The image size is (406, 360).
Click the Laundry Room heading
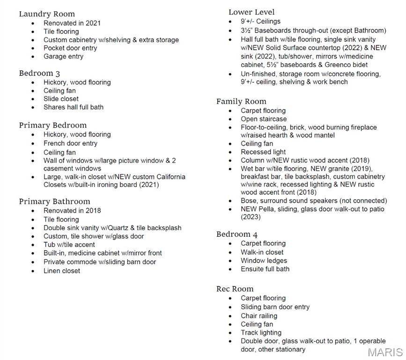[x=47, y=14]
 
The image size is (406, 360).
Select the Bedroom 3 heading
[x=39, y=73]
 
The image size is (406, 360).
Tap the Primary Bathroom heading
[x=54, y=202]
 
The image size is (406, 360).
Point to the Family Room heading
[x=241, y=101]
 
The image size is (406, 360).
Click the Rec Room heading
[x=235, y=289]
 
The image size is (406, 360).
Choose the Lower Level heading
[x=251, y=12]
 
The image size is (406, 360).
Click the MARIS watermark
[x=385, y=352]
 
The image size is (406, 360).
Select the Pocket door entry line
[x=70, y=48]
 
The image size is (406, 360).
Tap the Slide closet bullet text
[x=61, y=99]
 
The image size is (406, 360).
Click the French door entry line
[x=70, y=143]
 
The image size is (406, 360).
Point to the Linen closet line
[x=62, y=271]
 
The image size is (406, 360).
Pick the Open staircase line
[x=264, y=119]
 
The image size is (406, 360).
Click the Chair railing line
[x=259, y=316]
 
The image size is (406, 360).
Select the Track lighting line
[x=261, y=333]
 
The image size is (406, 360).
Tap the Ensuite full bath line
[x=265, y=269]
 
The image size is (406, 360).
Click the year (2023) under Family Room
[x=251, y=217]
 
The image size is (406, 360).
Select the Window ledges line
[x=264, y=261]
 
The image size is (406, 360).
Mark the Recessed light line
[x=263, y=152]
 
